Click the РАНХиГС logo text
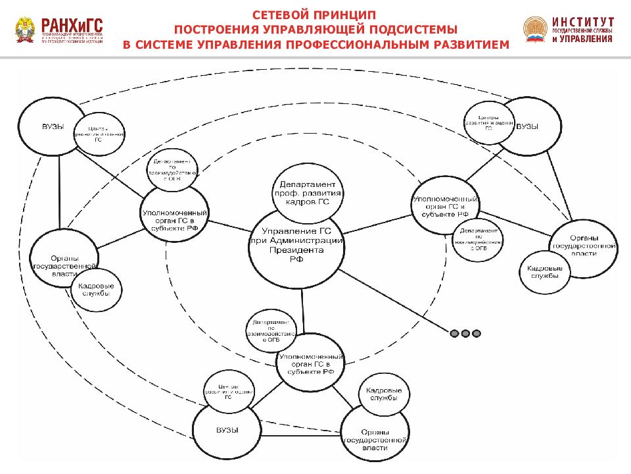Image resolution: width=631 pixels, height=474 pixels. click(x=72, y=24)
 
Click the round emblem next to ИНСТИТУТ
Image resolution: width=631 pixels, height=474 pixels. click(x=535, y=29)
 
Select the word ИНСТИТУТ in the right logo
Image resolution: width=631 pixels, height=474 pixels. click(x=583, y=21)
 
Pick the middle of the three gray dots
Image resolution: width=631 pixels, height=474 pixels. click(x=465, y=334)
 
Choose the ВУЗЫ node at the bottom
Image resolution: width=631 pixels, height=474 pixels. click(x=227, y=430)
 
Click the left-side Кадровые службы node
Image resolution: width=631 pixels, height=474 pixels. click(x=96, y=290)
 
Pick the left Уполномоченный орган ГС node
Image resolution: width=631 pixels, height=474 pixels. click(x=175, y=217)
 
